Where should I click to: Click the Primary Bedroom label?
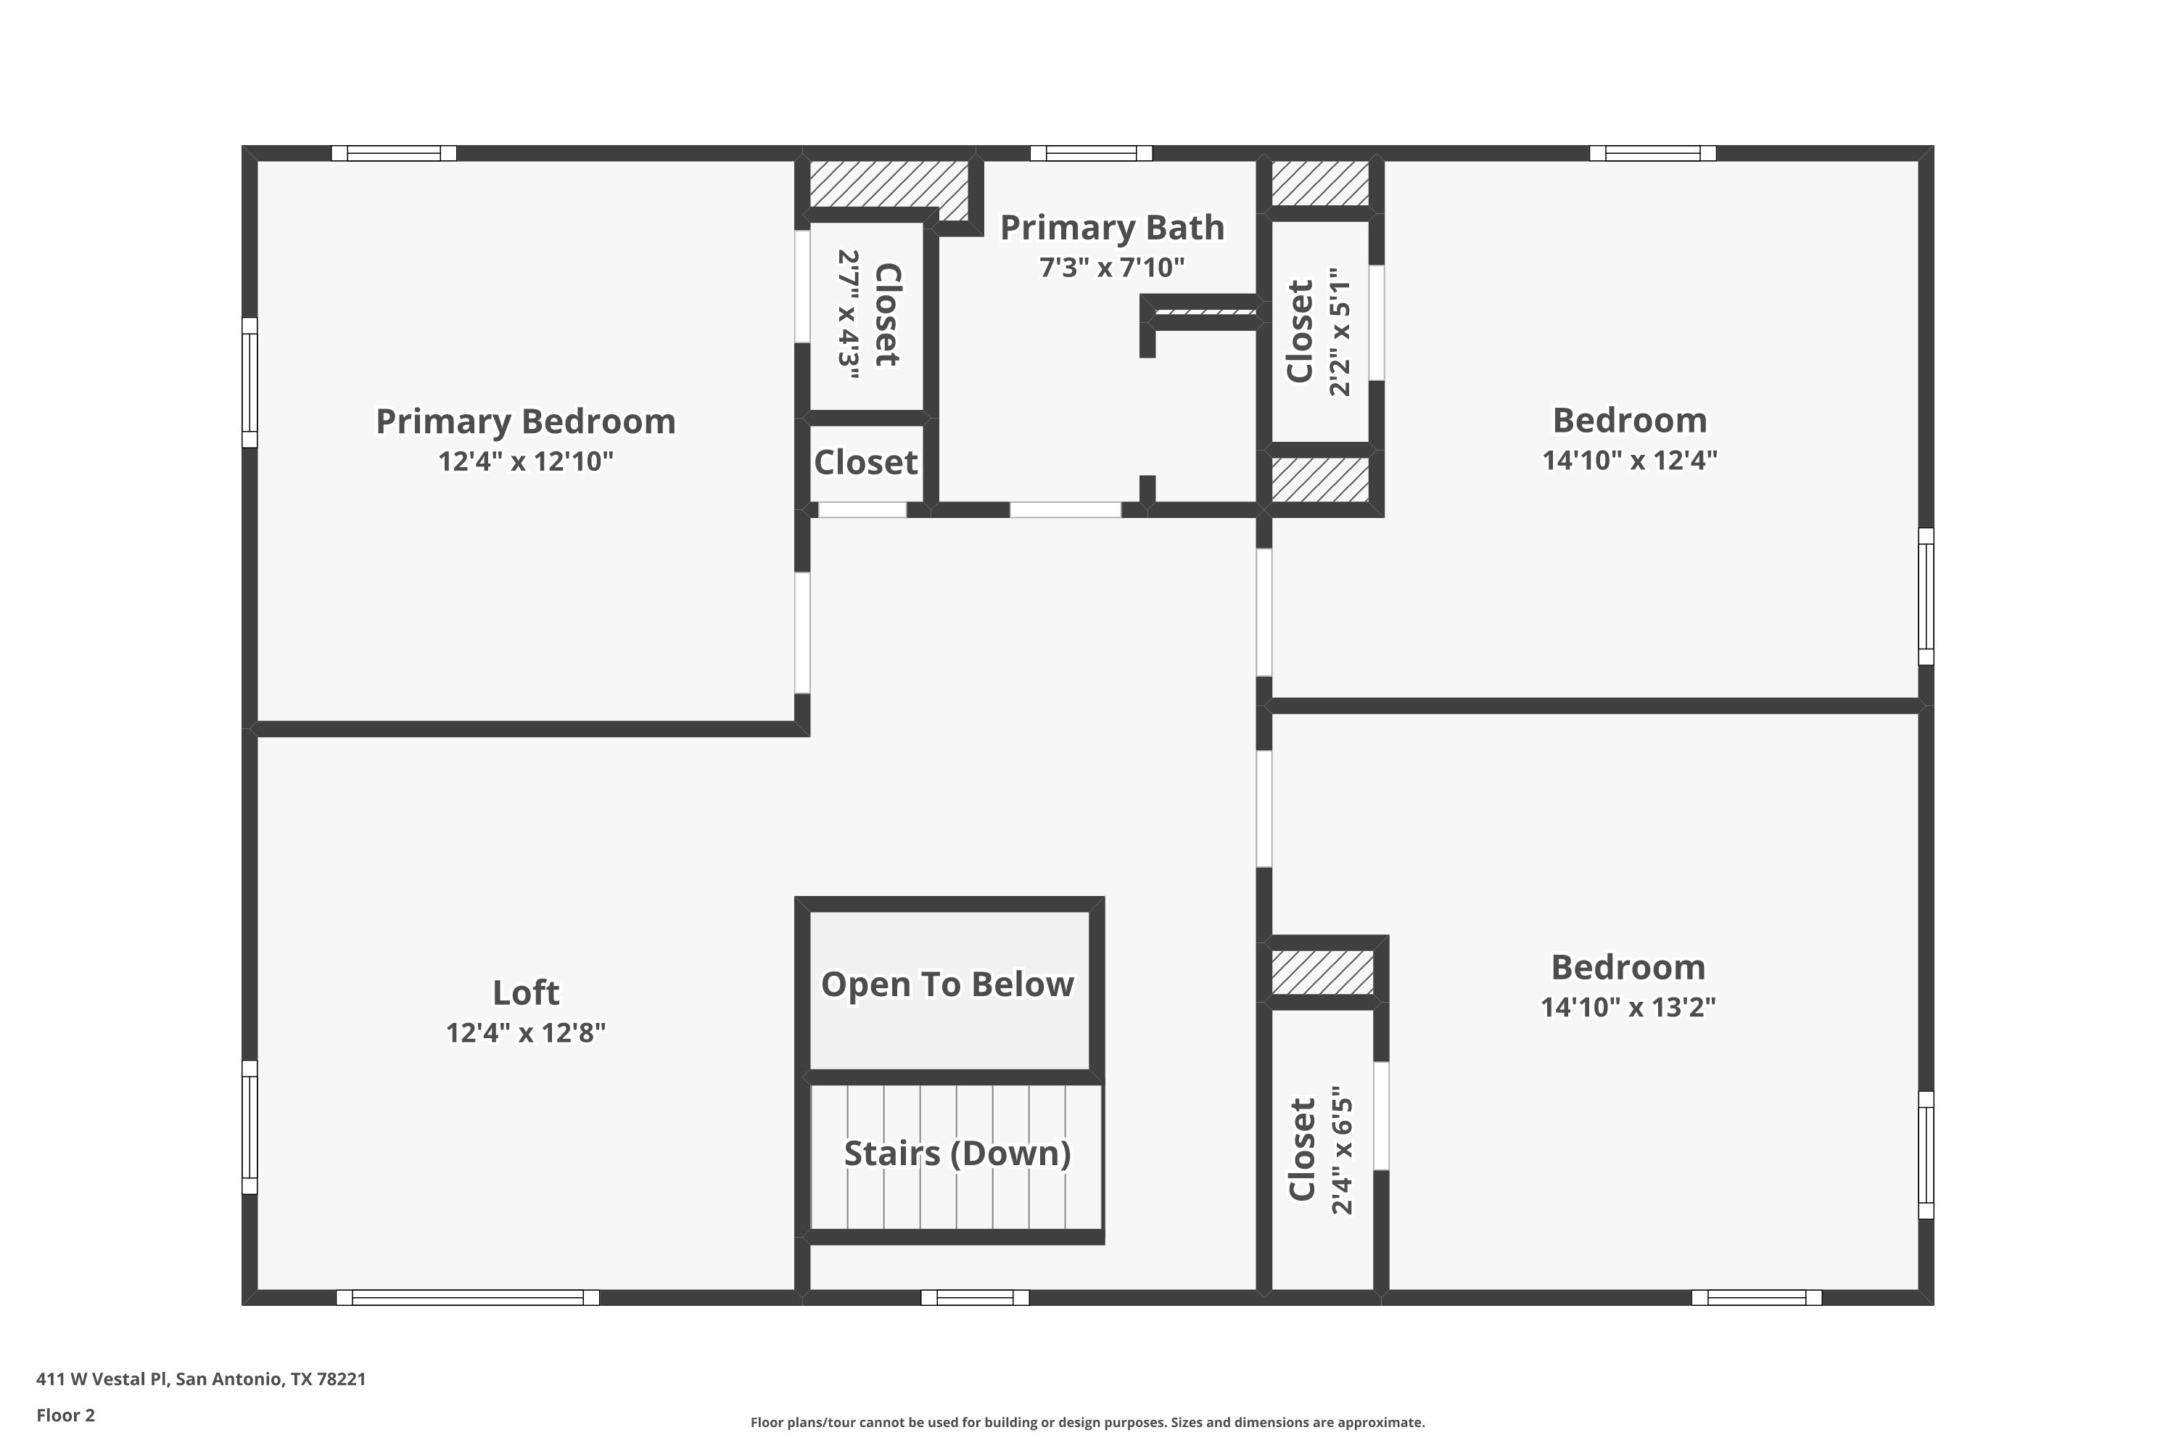click(525, 422)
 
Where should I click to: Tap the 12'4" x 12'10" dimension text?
click(525, 461)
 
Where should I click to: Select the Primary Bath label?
click(1112, 228)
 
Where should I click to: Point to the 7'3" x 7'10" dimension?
click(1112, 268)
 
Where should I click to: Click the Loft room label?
click(525, 993)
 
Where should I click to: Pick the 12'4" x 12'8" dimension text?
click(525, 1032)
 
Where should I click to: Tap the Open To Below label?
click(947, 985)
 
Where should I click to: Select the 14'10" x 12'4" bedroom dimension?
click(1629, 460)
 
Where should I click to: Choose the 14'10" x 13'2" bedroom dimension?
click(1628, 1007)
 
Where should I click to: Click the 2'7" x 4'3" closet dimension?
click(849, 315)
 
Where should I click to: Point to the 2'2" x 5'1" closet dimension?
click(1340, 332)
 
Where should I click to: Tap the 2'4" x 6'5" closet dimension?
click(1341, 1150)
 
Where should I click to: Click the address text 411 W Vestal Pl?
click(102, 1379)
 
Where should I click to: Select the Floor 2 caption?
click(66, 1415)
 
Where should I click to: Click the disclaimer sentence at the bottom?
click(1088, 1422)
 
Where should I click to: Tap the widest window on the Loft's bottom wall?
click(467, 1297)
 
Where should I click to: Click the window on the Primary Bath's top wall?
click(1092, 154)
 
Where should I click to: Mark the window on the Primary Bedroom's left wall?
click(250, 382)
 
